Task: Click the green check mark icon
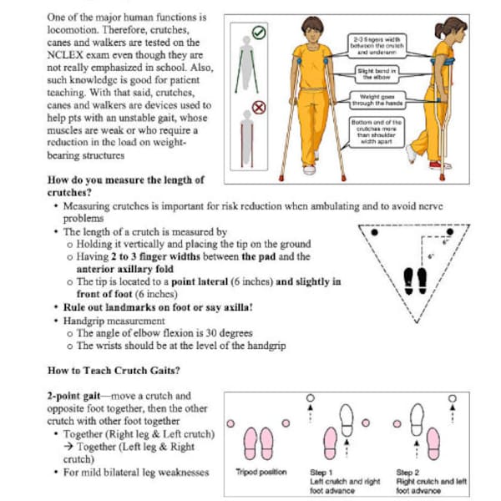pyautogui.click(x=259, y=33)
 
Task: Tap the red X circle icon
pyautogui.click(x=259, y=108)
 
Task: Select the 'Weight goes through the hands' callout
pyautogui.click(x=376, y=100)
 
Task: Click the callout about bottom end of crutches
pyautogui.click(x=376, y=131)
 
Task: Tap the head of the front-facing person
pyautogui.click(x=311, y=29)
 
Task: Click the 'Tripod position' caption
pyautogui.click(x=261, y=473)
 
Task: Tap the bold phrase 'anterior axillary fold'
pyautogui.click(x=132, y=270)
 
